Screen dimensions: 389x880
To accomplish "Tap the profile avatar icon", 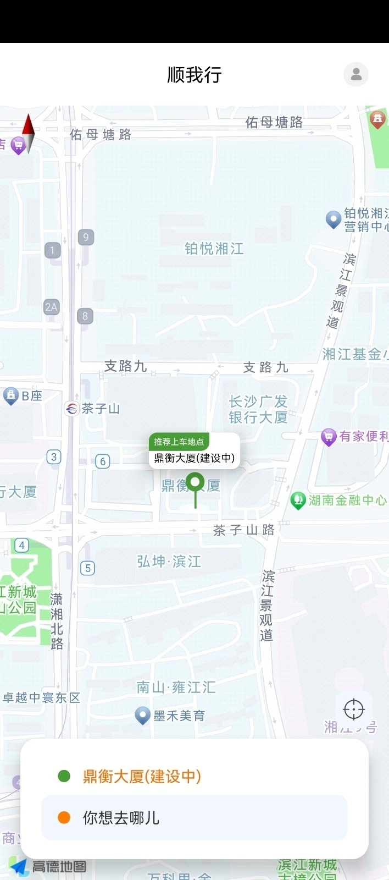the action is click(356, 74).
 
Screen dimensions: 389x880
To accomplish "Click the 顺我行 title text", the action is click(194, 75).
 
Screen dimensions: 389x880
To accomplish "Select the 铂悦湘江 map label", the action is click(214, 249).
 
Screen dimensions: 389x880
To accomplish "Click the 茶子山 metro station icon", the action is click(71, 409).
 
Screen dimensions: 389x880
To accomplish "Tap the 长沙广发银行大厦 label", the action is click(258, 410).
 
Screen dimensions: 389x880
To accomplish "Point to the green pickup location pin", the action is click(195, 483).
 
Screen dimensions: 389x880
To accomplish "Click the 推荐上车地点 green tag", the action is click(179, 442).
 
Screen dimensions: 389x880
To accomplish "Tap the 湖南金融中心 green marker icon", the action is click(298, 501).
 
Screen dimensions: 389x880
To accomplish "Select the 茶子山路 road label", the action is click(244, 530).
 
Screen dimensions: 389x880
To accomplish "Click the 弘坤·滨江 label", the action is click(169, 562).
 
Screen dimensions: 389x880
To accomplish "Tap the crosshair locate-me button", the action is click(354, 710).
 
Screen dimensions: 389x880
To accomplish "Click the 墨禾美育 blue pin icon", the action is click(143, 715).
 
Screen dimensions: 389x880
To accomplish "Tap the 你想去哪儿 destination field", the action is click(194, 818).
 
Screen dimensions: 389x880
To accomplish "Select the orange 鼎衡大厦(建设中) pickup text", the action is click(142, 777).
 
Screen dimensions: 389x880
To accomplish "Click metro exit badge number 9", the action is click(86, 237).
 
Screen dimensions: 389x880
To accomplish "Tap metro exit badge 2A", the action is click(51, 307).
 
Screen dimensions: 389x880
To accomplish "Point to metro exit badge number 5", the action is click(88, 568).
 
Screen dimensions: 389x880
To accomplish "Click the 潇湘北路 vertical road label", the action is click(57, 621).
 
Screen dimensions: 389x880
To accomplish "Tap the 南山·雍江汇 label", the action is click(176, 687).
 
